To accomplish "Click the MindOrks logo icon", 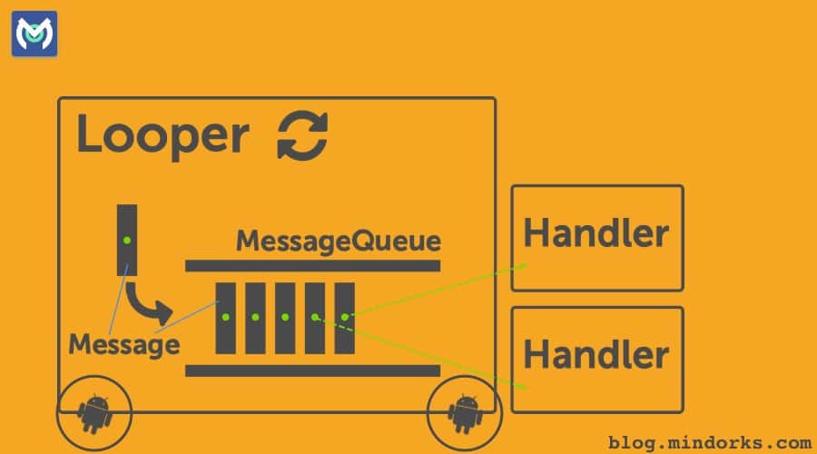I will tap(34, 35).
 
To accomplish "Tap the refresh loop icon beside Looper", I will tap(302, 136).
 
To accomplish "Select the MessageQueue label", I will tap(339, 242).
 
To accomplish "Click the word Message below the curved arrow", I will tap(123, 345).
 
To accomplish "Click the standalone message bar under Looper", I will tap(127, 240).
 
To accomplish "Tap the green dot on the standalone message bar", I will tap(127, 239).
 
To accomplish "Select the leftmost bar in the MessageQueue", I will tap(225, 317).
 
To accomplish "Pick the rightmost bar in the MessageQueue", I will tap(344, 317).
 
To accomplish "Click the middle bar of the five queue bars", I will tap(285, 317).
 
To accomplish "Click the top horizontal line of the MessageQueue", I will tap(312, 265).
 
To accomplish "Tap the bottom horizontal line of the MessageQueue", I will tap(312, 370).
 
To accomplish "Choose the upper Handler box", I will tap(596, 237).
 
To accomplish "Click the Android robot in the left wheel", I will tap(94, 413).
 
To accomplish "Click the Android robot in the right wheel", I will tap(466, 413).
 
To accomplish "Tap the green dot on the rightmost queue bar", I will tap(344, 317).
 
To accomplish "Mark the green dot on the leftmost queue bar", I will tap(225, 317).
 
